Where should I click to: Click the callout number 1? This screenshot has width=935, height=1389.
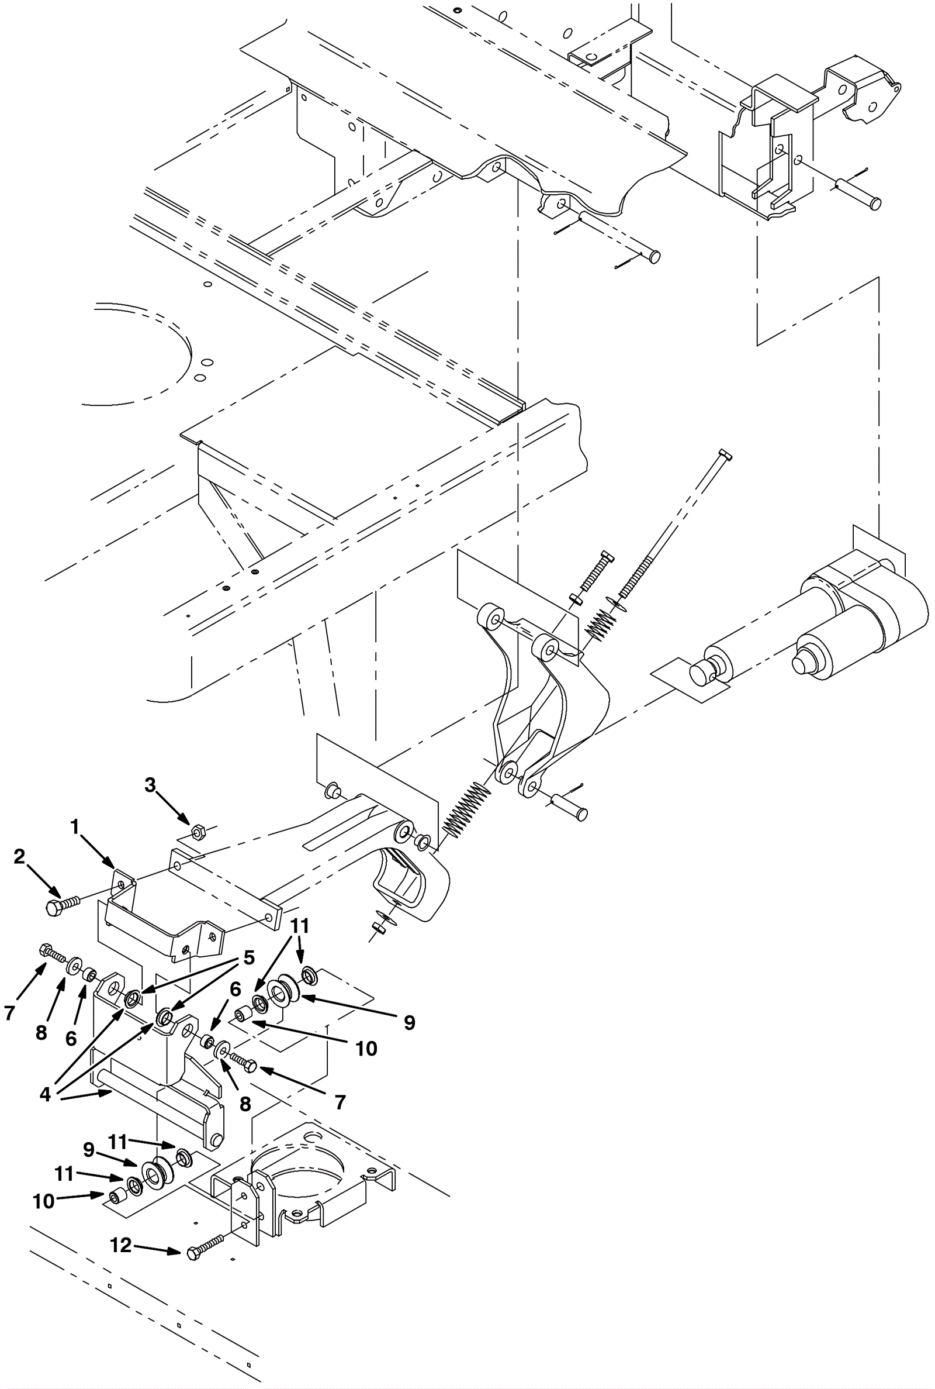click(75, 827)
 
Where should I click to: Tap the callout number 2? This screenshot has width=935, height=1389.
click(20, 857)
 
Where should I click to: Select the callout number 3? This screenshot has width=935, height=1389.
click(150, 785)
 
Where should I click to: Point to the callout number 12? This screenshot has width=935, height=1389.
click(120, 1245)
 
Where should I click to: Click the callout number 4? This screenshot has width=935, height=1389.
click(46, 1094)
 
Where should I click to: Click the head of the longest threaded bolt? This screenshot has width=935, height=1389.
click(725, 454)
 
